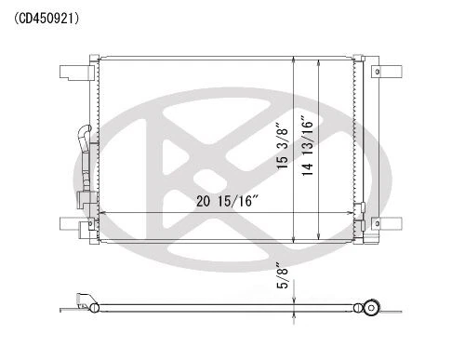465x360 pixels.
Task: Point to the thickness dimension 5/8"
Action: tap(282, 277)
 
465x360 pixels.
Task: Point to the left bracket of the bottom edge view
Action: tap(86, 302)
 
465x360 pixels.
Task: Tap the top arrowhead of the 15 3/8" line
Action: tap(295, 60)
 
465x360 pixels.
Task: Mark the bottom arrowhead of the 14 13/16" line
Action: tap(319, 235)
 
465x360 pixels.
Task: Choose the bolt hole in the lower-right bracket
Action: tap(378, 224)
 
